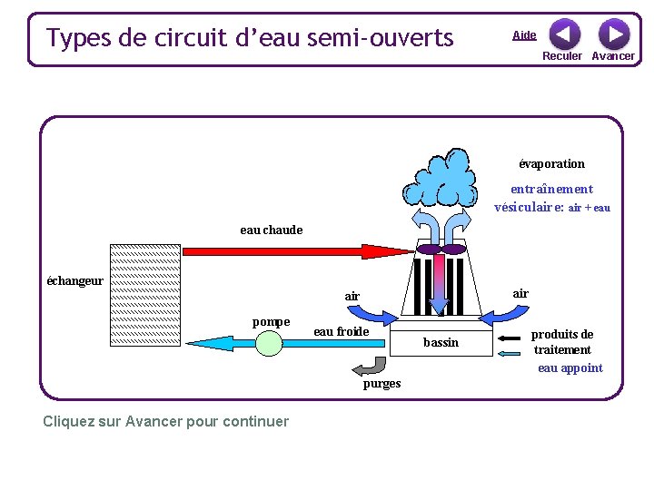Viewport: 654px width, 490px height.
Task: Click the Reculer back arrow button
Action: coord(564,34)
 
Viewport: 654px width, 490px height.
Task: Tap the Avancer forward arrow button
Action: coord(614,34)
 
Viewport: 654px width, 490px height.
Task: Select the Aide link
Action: coord(524,35)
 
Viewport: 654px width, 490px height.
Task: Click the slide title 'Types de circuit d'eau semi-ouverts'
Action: coord(250,38)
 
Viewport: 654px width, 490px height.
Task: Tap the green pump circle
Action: coord(269,343)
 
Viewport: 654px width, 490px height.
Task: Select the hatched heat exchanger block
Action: coord(144,295)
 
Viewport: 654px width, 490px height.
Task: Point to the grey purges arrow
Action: coord(369,366)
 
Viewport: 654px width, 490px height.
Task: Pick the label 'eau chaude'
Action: coord(271,230)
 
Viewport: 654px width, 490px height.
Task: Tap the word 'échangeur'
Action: coord(74,280)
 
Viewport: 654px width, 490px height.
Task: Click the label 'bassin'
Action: coord(441,342)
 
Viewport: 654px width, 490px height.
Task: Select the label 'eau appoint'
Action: coord(570,367)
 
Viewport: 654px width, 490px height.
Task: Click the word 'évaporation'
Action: coord(551,163)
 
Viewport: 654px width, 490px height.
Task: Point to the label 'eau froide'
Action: coord(341,331)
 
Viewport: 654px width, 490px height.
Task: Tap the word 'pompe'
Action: coord(271,321)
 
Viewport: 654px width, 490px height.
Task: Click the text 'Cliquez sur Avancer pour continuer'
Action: coord(165,421)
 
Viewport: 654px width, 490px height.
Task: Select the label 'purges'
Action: coord(381,383)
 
